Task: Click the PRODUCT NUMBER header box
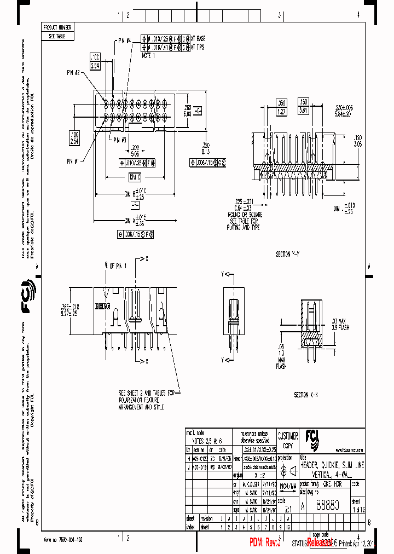[x=57, y=27]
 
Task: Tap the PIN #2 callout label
[x=74, y=73]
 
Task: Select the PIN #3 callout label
[x=120, y=140]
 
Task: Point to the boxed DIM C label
[x=135, y=176]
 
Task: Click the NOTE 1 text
[x=149, y=55]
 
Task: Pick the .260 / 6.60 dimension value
[x=187, y=111]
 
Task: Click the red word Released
[x=319, y=543]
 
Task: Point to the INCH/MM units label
[x=288, y=485]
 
